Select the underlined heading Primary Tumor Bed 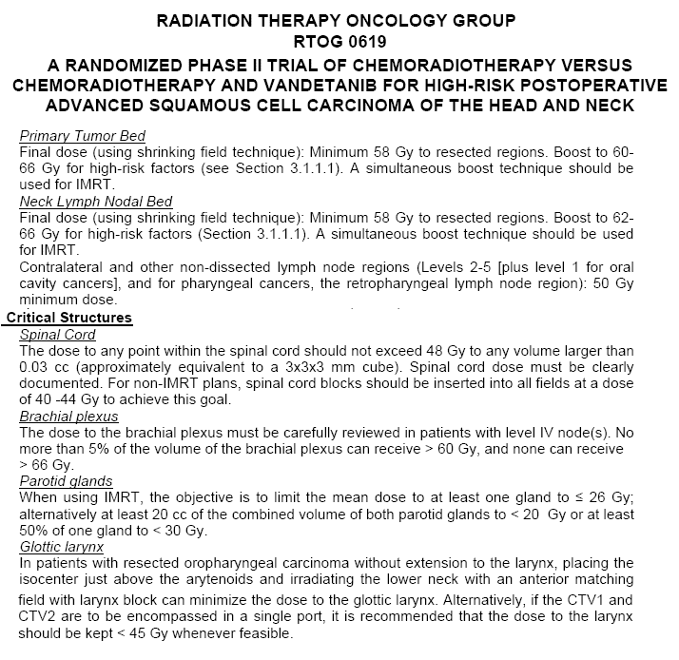coord(83,136)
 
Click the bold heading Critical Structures coord(69,317)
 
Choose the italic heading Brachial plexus coord(68,416)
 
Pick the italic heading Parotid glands coord(66,481)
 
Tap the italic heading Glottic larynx coord(63,547)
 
